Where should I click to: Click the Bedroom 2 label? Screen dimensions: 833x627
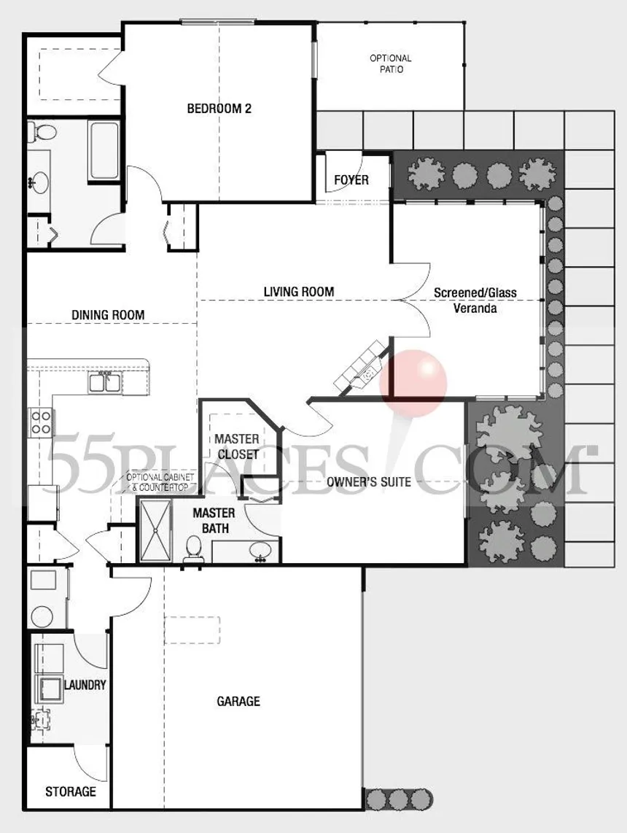pyautogui.click(x=219, y=109)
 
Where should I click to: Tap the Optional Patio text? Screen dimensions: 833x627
pyautogui.click(x=390, y=64)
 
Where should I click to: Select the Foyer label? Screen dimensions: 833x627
pyautogui.click(x=351, y=180)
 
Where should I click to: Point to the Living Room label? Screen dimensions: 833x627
pyautogui.click(x=298, y=292)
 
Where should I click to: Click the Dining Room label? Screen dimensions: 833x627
pyautogui.click(x=108, y=315)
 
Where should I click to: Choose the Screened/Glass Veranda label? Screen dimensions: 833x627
pyautogui.click(x=475, y=301)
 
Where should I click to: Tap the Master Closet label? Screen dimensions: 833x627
pyautogui.click(x=236, y=446)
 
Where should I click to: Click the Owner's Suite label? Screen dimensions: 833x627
pyautogui.click(x=369, y=481)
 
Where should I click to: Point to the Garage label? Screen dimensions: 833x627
pyautogui.click(x=238, y=702)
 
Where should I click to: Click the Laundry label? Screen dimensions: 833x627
pyautogui.click(x=85, y=686)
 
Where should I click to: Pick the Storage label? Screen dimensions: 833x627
pyautogui.click(x=71, y=791)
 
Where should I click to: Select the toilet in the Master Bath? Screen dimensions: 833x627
pyautogui.click(x=194, y=547)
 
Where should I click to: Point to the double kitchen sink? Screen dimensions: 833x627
pyautogui.click(x=106, y=381)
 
